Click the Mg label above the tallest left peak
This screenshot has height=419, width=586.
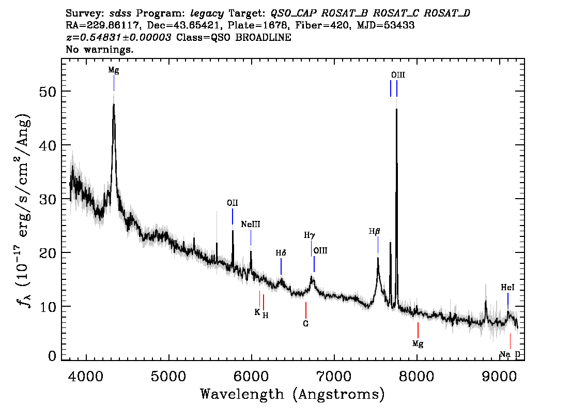point(114,70)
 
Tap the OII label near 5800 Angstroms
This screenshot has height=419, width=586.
point(233,203)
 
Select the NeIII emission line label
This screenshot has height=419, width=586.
point(251,225)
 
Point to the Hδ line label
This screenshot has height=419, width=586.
point(281,253)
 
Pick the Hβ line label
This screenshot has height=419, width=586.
point(375,231)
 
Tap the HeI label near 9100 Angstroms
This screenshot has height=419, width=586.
point(507,288)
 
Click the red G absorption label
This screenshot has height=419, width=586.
point(306,324)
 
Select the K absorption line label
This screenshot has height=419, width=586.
point(257,312)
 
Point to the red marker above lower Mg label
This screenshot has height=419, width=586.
point(418,330)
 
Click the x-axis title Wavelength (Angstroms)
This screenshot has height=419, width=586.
point(292,394)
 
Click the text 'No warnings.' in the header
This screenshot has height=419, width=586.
point(100,50)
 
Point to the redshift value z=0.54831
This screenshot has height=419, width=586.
point(118,38)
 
